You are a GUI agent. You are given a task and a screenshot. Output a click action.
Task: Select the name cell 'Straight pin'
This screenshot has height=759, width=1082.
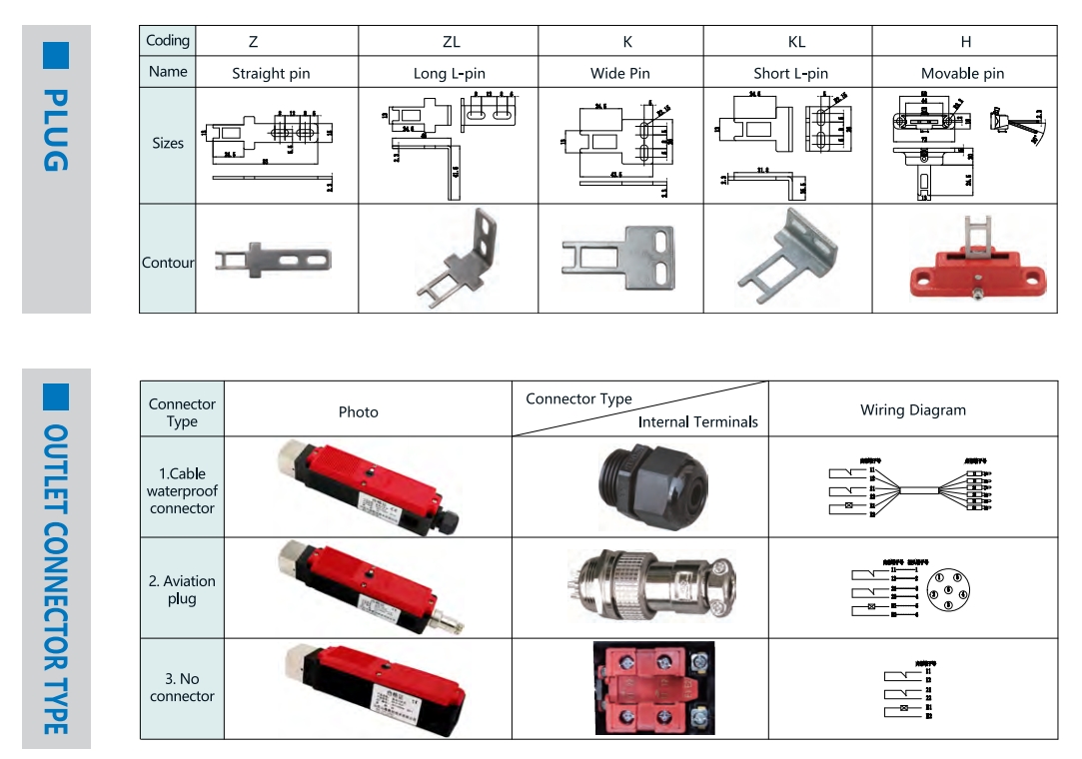click(x=271, y=73)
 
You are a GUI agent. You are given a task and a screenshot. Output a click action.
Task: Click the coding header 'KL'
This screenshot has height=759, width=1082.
click(x=795, y=42)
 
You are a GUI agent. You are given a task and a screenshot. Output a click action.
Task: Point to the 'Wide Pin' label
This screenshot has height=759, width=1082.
click(x=619, y=73)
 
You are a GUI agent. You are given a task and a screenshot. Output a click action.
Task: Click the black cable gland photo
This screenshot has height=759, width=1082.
click(x=641, y=485)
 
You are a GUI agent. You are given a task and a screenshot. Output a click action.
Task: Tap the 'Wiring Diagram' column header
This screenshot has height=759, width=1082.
click(x=912, y=409)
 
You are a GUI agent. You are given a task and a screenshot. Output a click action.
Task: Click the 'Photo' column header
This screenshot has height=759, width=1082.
click(x=358, y=411)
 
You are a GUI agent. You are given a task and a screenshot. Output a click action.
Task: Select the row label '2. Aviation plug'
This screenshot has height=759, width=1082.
click(x=182, y=589)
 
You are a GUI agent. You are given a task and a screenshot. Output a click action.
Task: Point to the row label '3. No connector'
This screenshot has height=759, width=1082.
click(x=182, y=687)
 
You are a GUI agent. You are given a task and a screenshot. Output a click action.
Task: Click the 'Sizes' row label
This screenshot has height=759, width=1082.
click(x=168, y=143)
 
